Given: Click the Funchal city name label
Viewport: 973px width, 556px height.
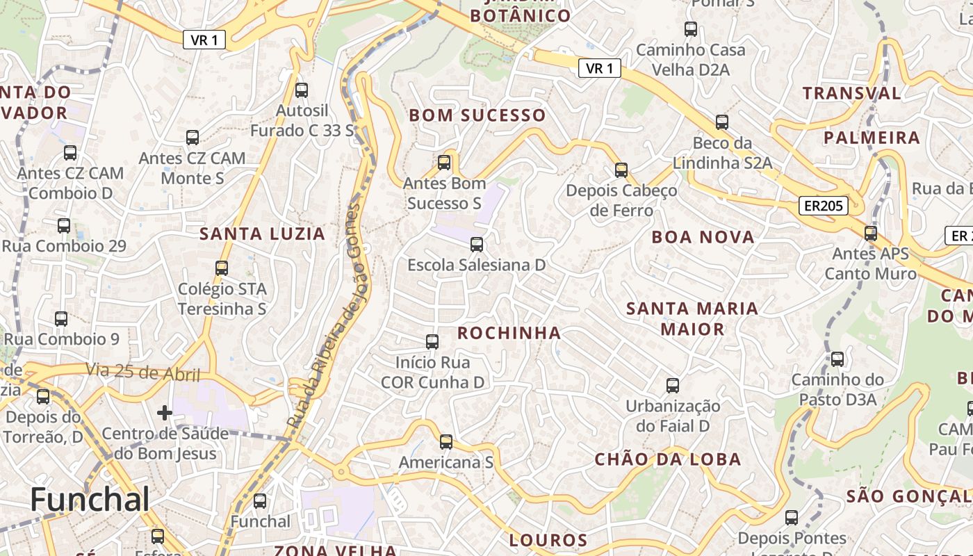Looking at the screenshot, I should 90,500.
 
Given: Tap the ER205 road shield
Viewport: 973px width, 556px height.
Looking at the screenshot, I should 823,206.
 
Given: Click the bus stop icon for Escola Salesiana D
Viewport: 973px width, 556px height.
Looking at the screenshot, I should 476,245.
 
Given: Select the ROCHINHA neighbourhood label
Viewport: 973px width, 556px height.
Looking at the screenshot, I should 509,333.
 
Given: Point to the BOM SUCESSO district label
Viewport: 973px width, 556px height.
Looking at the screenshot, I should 477,115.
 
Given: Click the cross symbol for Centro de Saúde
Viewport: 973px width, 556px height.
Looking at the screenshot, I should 164,414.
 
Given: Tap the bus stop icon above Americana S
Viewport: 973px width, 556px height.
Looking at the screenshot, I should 446,442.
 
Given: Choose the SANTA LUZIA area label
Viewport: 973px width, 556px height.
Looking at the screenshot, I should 263,234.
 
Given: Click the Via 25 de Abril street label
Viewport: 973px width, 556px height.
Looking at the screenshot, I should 143,373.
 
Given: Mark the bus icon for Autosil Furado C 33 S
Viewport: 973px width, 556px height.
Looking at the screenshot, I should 301,90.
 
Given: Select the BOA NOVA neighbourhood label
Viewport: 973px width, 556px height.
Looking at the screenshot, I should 703,237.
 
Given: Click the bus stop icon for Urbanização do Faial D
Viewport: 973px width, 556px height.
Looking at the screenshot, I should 672,386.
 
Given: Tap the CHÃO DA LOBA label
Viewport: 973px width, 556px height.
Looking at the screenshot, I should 668,459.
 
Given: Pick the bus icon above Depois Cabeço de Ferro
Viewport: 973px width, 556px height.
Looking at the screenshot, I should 621,170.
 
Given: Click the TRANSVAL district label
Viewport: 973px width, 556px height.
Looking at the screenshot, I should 851,93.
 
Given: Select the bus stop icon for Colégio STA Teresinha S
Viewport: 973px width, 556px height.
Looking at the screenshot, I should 222,268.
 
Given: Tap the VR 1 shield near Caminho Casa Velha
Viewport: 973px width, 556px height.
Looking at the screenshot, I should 599,68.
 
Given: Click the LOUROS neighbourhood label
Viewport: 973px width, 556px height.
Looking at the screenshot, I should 548,540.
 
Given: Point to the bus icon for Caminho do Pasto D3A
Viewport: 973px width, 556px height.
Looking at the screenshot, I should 837,359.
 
